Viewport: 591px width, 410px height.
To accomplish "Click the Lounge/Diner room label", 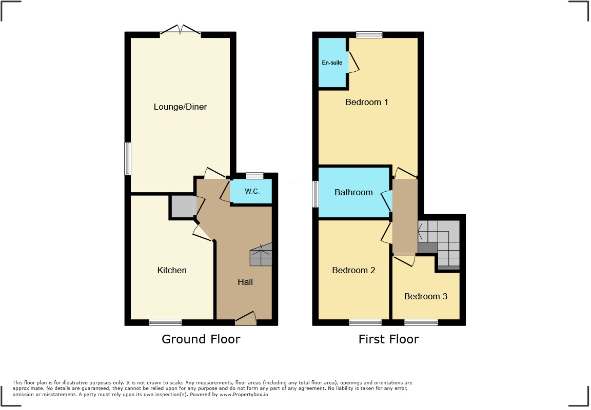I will [180, 107].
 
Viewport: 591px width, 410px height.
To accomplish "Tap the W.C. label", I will [251, 192].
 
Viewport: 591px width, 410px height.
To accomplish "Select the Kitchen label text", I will [172, 270].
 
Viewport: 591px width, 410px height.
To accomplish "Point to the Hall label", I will [245, 282].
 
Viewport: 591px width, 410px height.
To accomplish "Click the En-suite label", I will [332, 63].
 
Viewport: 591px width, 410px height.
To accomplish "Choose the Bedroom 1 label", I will [366, 102].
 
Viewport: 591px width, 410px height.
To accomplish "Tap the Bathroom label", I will [353, 192].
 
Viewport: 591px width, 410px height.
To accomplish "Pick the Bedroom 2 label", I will [353, 270].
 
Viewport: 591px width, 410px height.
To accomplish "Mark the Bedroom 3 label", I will [425, 296].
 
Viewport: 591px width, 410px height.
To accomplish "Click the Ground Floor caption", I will [201, 339].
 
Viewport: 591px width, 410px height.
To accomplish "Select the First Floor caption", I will [388, 339].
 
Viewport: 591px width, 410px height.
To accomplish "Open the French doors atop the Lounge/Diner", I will [180, 32].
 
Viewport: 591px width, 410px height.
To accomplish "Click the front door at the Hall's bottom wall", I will [246, 321].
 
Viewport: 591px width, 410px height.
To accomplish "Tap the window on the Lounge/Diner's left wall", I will [128, 158].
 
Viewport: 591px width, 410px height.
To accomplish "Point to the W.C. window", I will [254, 176].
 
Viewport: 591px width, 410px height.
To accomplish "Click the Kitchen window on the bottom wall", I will [165, 322].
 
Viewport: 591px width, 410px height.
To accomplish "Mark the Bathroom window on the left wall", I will [316, 194].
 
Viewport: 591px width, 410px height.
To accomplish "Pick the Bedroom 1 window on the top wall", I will [369, 35].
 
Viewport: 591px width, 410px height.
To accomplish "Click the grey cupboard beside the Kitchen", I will [182, 207].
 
